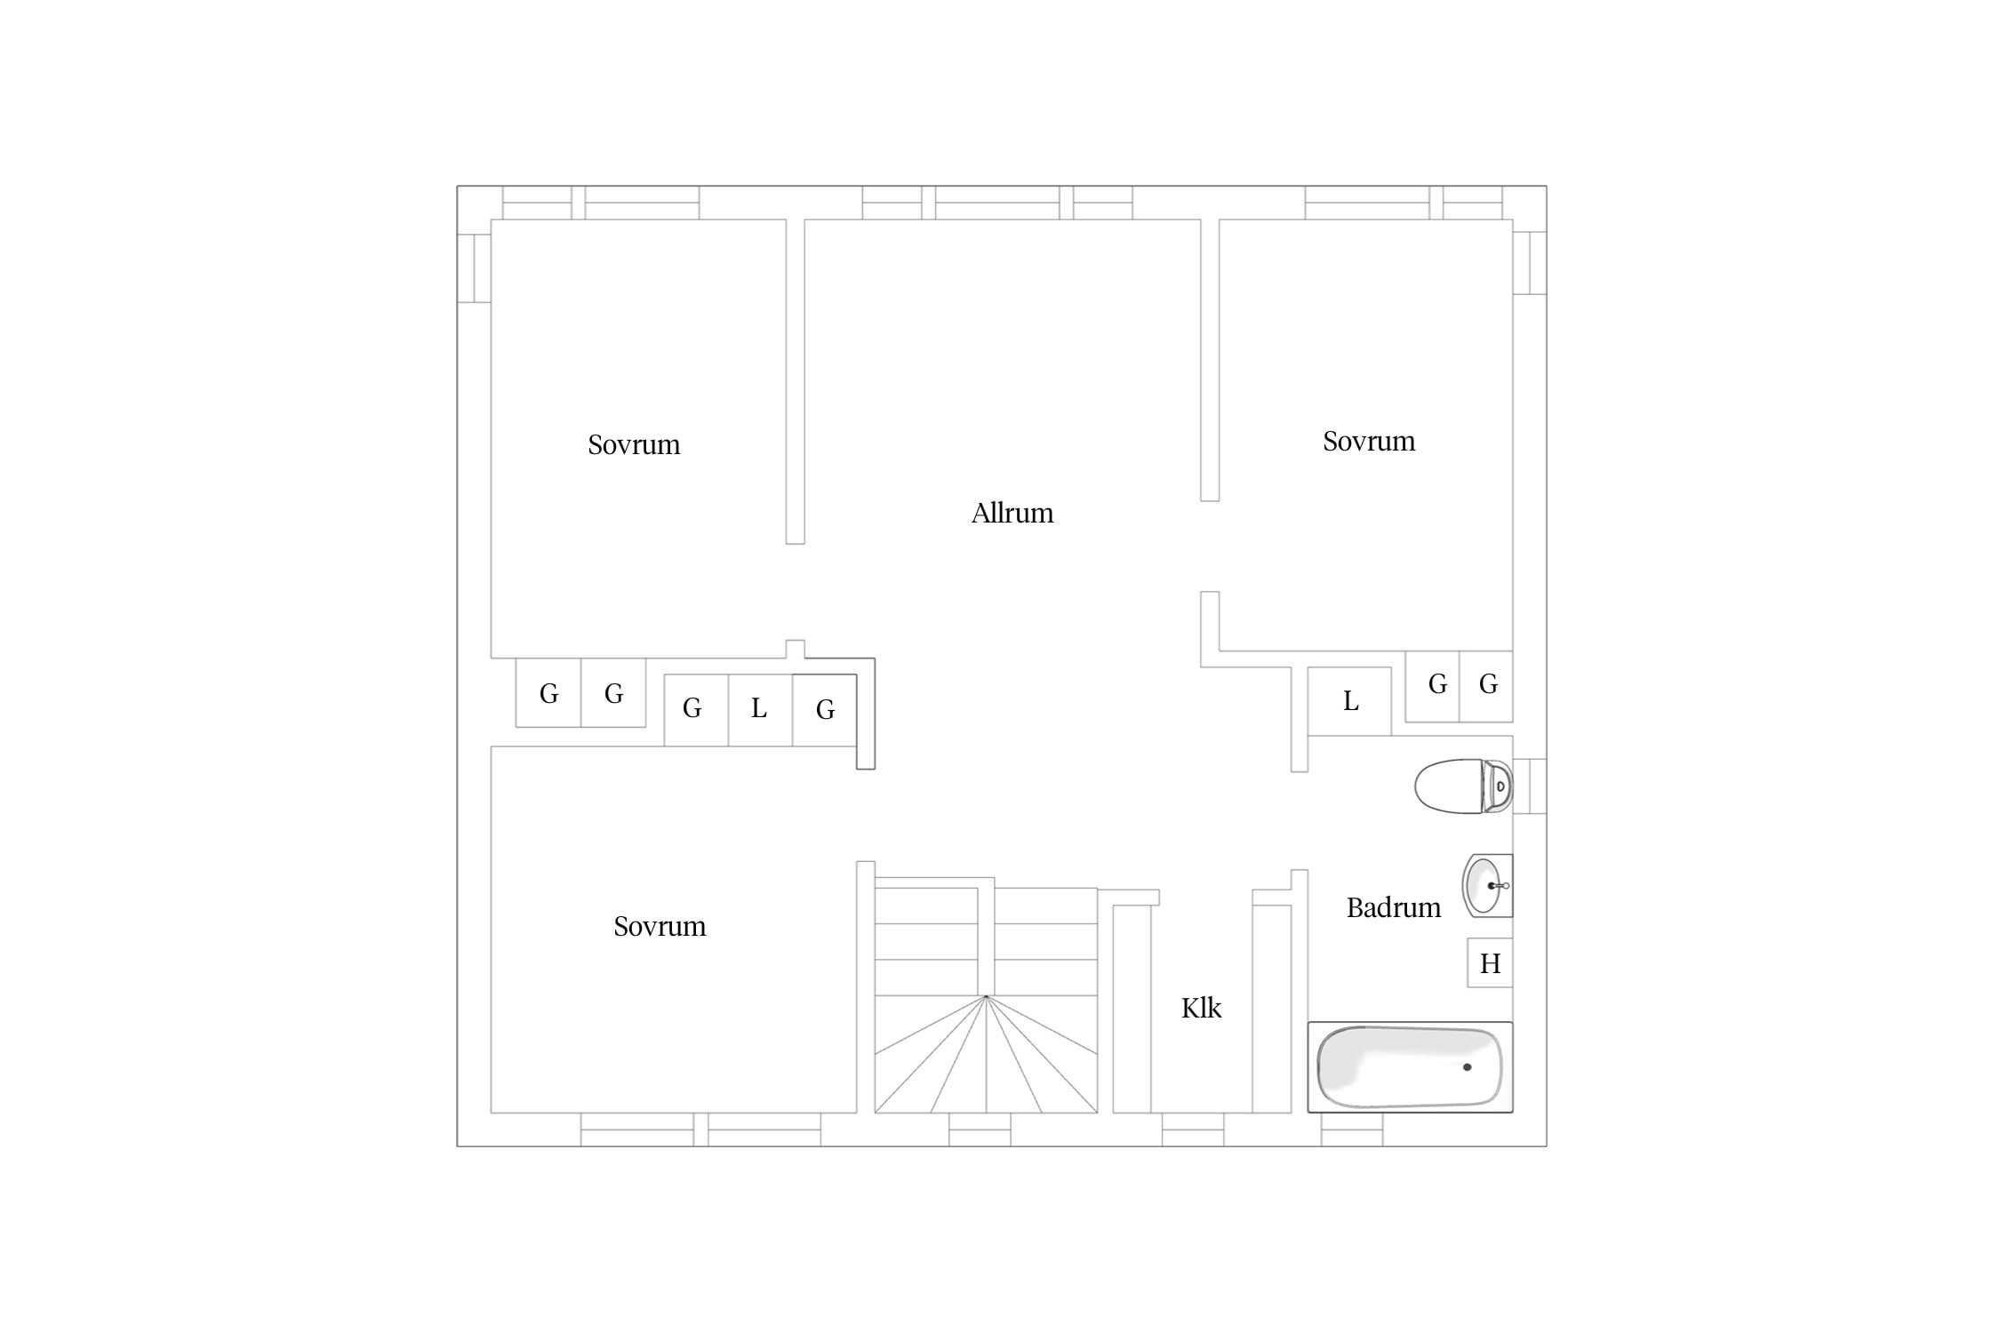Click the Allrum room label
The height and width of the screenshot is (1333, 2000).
(1012, 513)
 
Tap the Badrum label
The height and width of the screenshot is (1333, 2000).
(1393, 907)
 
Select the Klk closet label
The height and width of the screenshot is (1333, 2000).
(1201, 1008)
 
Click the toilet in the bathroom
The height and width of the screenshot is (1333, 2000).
(1463, 786)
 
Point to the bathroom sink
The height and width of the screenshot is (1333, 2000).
(1487, 885)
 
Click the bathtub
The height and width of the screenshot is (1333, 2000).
(1410, 1067)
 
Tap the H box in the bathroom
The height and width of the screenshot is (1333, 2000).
(1490, 963)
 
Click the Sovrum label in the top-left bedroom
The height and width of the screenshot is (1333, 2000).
(634, 444)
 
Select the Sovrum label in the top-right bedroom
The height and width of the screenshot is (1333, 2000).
(1369, 441)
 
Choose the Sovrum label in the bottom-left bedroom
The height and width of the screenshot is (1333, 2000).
(660, 926)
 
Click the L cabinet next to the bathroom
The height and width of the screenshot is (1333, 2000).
(1349, 701)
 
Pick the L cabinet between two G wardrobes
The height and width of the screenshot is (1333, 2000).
(760, 710)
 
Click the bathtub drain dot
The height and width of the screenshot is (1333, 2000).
(1468, 1067)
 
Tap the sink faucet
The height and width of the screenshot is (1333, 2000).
(1499, 886)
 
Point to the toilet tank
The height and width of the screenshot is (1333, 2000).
(1498, 786)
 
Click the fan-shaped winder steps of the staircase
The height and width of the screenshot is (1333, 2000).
(986, 1054)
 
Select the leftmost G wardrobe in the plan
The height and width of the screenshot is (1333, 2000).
(548, 693)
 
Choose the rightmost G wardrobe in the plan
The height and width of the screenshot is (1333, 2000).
(1486, 685)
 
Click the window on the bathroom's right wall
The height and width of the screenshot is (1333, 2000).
(1530, 786)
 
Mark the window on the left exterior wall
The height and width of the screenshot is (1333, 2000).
(474, 268)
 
